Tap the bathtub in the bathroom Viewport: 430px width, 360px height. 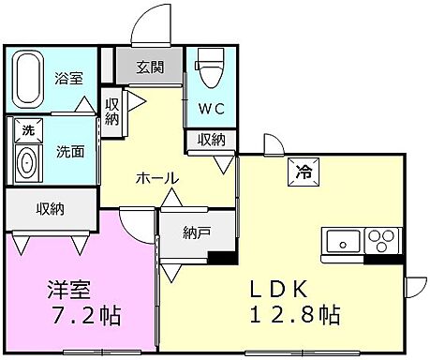[28, 81]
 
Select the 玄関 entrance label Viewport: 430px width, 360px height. [149, 67]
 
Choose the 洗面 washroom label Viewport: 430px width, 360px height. [68, 150]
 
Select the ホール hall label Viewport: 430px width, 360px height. [156, 178]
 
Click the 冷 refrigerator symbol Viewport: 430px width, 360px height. [304, 171]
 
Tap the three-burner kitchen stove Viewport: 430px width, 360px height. [382, 240]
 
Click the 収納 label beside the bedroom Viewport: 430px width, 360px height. [51, 208]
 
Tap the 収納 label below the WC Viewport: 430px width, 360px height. [211, 140]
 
